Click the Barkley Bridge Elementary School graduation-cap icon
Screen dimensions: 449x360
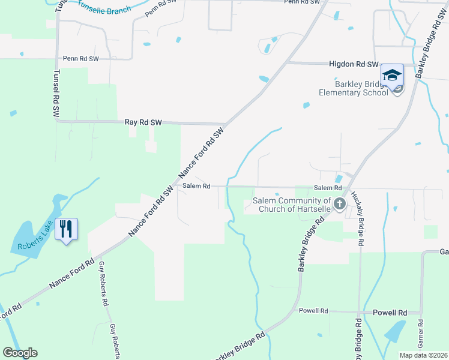pos(392,75)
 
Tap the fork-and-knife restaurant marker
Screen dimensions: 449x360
pos(67,228)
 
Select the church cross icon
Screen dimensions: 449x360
pos(339,204)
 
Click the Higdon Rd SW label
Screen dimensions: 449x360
pos(354,64)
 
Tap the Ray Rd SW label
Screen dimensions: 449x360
pos(143,122)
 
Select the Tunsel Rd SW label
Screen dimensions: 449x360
pos(56,92)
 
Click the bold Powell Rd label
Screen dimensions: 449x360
pos(390,313)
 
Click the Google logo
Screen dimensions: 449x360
pos(20,353)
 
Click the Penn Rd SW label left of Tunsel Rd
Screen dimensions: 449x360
pos(80,59)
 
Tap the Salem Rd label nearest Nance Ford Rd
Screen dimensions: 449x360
pos(196,186)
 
